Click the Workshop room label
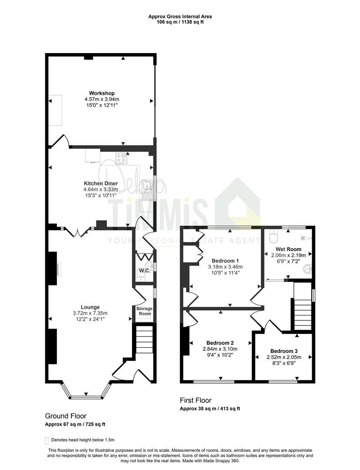(x=102, y=93)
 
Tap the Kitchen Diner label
(x=100, y=184)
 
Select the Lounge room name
(x=90, y=307)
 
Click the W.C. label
(x=145, y=271)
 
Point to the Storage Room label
(x=144, y=311)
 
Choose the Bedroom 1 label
(x=225, y=261)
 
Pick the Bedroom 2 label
(x=220, y=343)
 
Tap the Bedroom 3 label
(x=284, y=351)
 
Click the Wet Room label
(x=288, y=249)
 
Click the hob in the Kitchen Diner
(x=121, y=158)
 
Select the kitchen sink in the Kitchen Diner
(x=147, y=190)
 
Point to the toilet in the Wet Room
(x=274, y=236)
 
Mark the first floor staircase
(x=303, y=314)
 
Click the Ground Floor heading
(x=66, y=416)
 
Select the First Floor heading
(x=196, y=400)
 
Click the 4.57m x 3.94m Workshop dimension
(x=102, y=99)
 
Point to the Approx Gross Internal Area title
(x=180, y=17)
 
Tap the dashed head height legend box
(x=47, y=440)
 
